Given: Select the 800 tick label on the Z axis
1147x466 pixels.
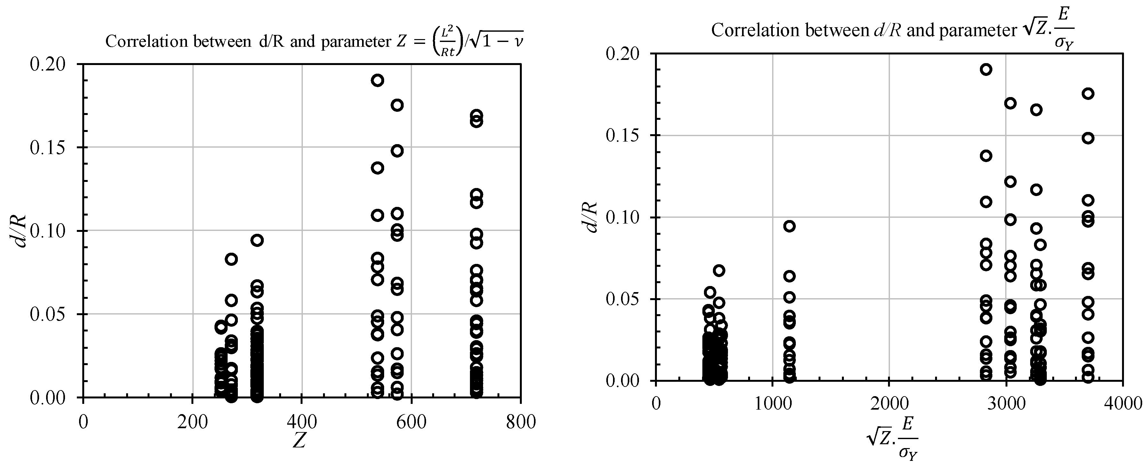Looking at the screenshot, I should pos(521,421).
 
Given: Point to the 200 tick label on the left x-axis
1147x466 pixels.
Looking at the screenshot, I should pos(192,421).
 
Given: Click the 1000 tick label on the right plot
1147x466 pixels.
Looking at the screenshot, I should pos(772,404).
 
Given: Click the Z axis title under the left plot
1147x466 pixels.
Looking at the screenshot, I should pos(299,441).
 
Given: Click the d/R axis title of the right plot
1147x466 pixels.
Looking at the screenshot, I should pos(590,217).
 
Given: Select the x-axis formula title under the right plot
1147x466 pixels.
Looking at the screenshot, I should pos(892,439).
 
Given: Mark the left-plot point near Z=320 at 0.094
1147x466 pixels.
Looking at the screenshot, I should pos(257,241).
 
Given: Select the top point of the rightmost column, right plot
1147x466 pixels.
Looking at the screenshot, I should pos(1088,94).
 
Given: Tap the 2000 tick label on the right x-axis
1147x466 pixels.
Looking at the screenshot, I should pos(889,404).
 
